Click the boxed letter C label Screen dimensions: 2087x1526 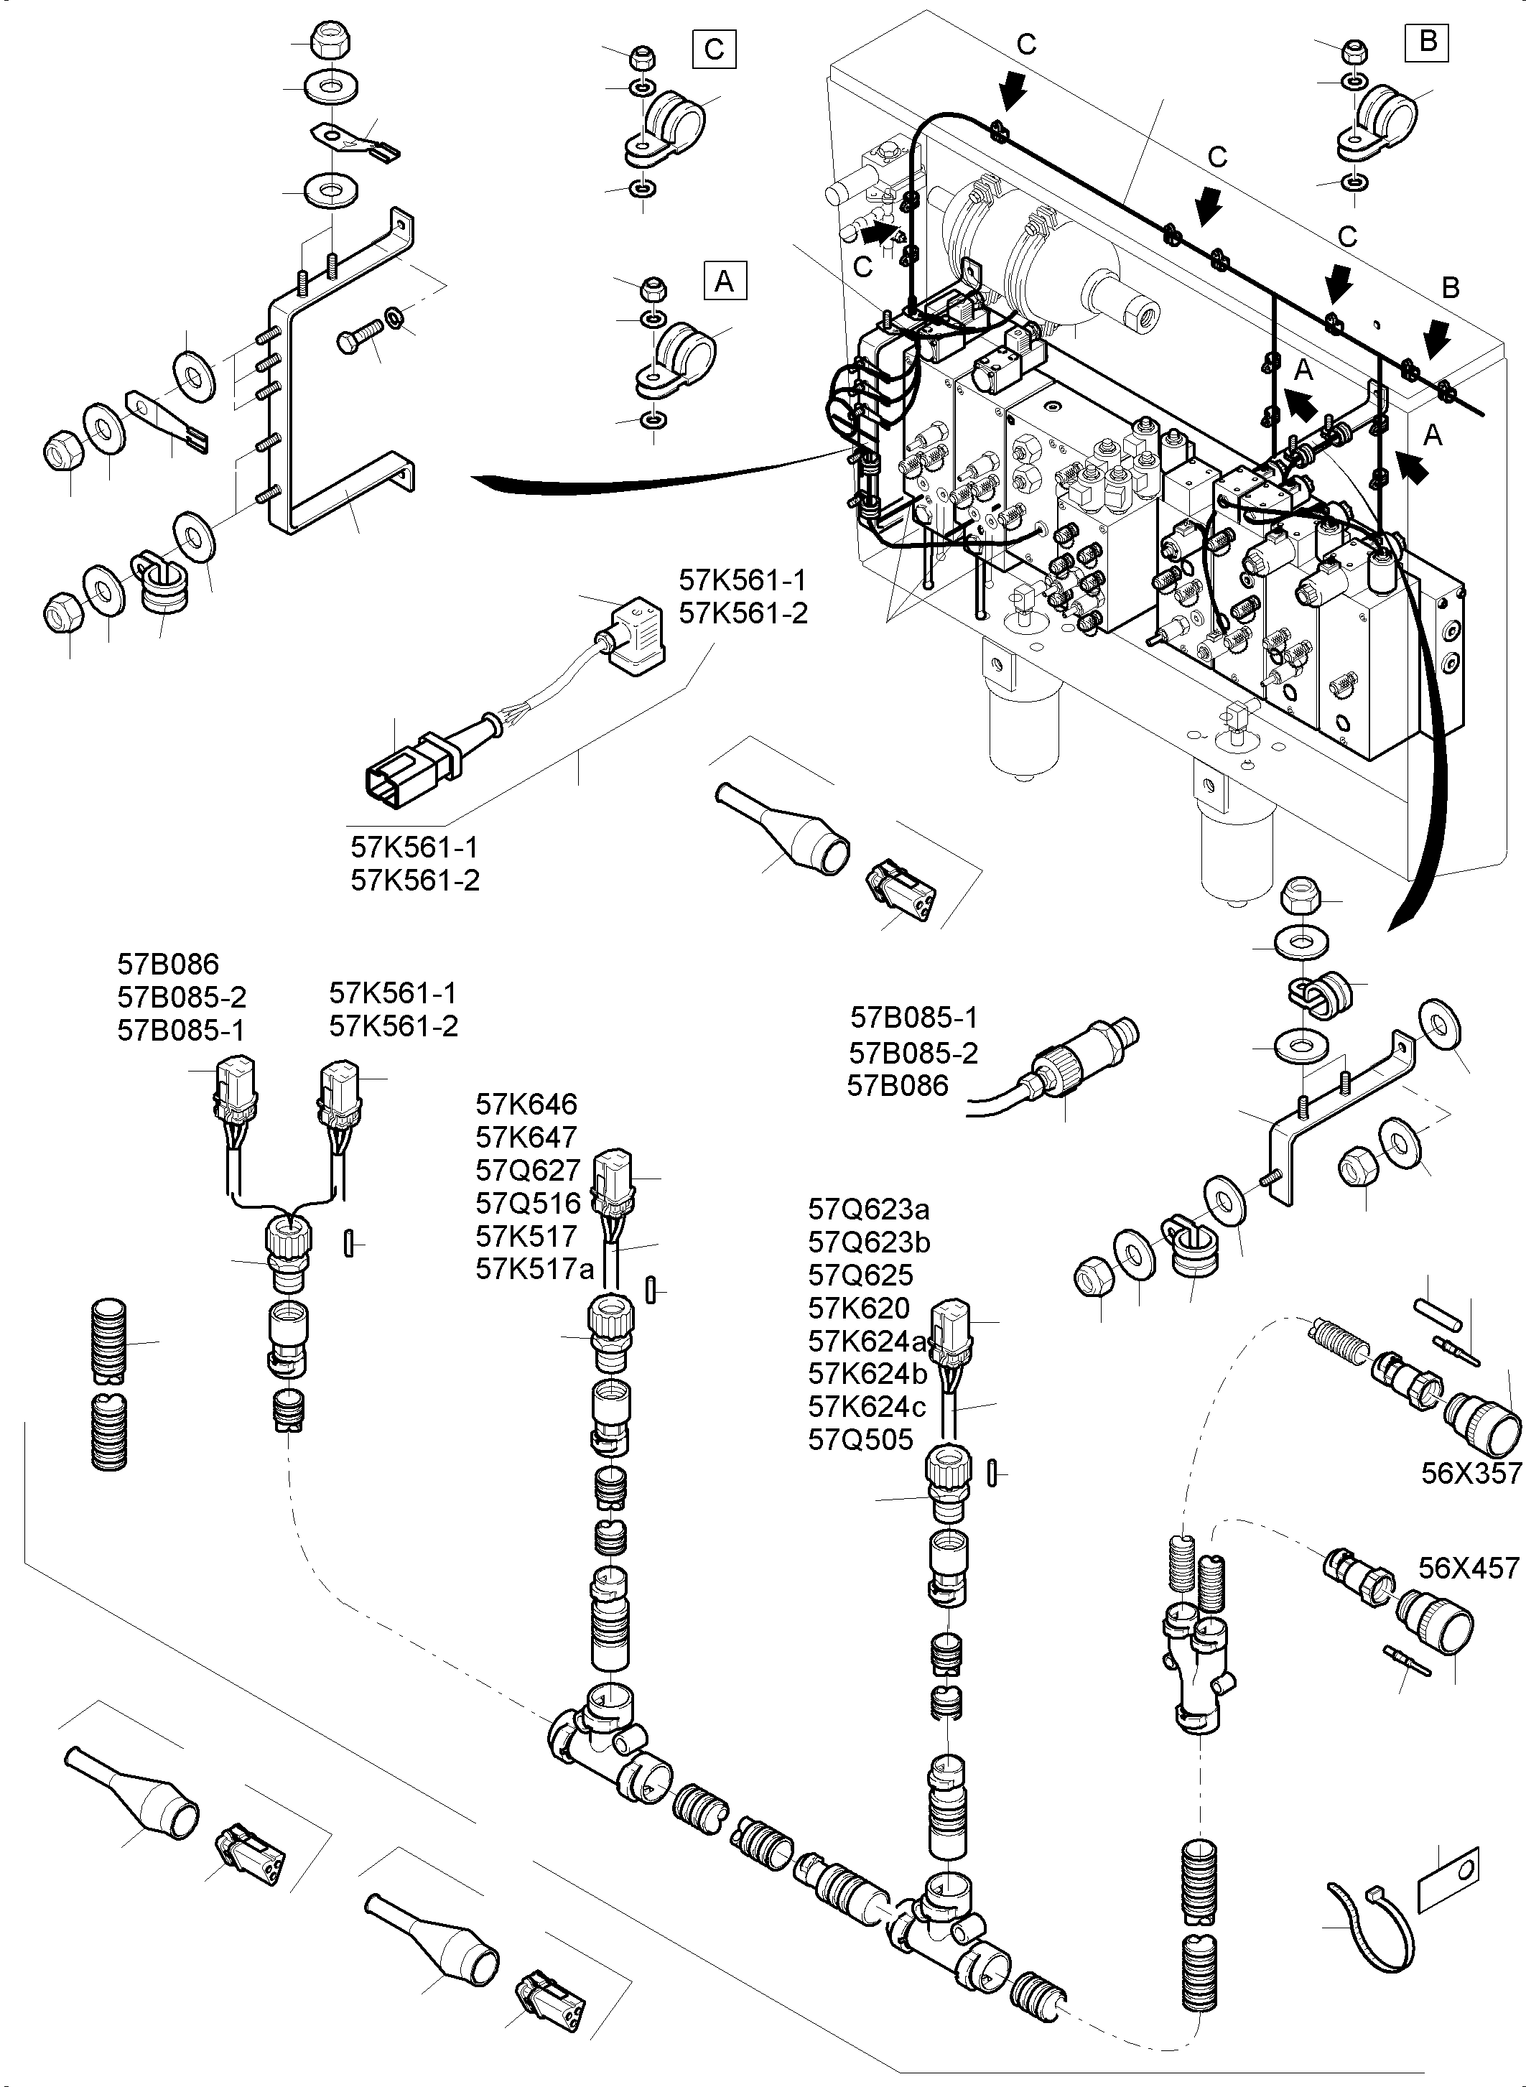[714, 49]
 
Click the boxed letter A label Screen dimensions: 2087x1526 [724, 280]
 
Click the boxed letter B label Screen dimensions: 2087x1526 [1427, 42]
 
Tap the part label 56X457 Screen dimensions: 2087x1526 [1469, 1568]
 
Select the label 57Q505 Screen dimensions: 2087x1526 [860, 1439]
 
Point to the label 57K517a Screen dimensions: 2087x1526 [534, 1270]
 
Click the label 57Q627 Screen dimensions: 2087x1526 [527, 1171]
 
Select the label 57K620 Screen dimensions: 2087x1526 [858, 1309]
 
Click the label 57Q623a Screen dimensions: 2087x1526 [868, 1209]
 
